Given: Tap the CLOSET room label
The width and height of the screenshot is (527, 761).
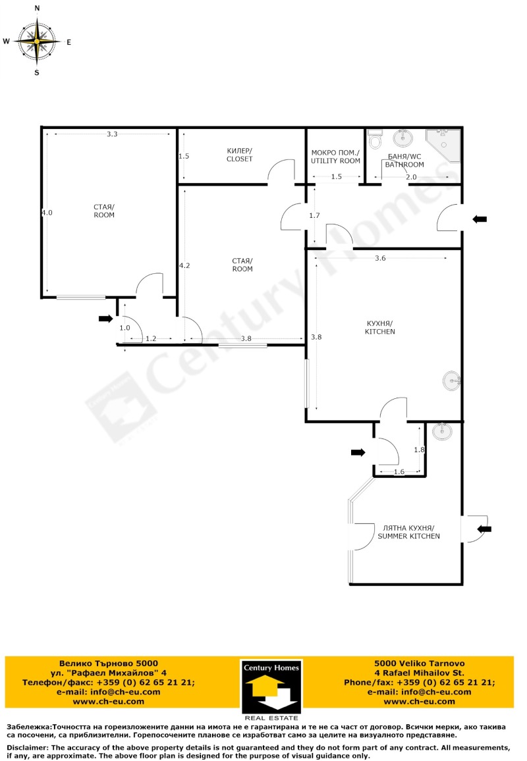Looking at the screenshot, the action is coord(240,155).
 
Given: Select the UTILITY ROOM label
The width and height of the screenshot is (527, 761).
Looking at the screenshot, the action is coord(335,157).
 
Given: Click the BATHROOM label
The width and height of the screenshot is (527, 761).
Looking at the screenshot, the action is coord(404,161).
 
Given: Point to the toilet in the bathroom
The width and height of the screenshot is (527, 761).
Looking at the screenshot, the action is coord(375,139).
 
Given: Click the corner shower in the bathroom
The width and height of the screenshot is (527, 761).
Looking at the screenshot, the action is coord(443,145).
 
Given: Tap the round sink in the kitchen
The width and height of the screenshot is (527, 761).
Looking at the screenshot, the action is coord(452,380).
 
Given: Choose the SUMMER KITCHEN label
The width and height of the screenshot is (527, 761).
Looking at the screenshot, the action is coord(409,532).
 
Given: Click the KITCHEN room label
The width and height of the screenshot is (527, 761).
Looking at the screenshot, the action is coord(380,328).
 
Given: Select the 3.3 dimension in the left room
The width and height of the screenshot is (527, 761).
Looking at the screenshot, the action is coord(112,134).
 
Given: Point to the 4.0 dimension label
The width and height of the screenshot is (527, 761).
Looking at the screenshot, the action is coord(47,213).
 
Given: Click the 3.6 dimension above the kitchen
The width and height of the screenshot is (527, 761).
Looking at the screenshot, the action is coord(380,258).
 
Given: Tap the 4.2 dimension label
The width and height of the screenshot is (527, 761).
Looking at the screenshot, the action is coord(184,265).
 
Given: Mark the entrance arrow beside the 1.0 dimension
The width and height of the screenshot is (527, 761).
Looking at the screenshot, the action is coord(106,319).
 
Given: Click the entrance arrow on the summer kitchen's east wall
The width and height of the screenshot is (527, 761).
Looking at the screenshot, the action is coord(484,529).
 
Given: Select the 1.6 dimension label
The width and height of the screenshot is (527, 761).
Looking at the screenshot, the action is coord(399,472).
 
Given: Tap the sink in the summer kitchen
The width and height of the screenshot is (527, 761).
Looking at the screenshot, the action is coord(442,431).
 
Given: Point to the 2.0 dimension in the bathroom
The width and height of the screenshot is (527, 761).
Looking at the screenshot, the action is coord(412,177).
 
